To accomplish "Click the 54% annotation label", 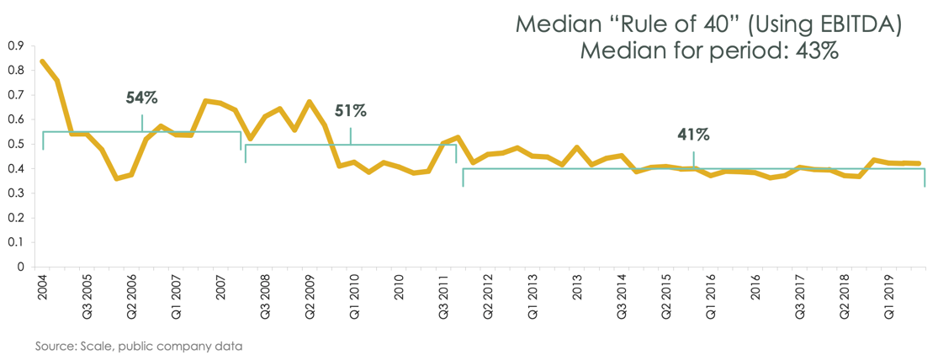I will pyautogui.click(x=141, y=98).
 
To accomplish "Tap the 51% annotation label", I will pyautogui.click(x=350, y=110).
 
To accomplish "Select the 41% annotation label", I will pyautogui.click(x=694, y=135).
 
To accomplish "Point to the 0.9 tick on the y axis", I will pyautogui.click(x=16, y=45).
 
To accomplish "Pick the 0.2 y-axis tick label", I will pyautogui.click(x=16, y=218).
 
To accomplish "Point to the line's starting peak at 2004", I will pyautogui.click(x=42, y=61).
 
